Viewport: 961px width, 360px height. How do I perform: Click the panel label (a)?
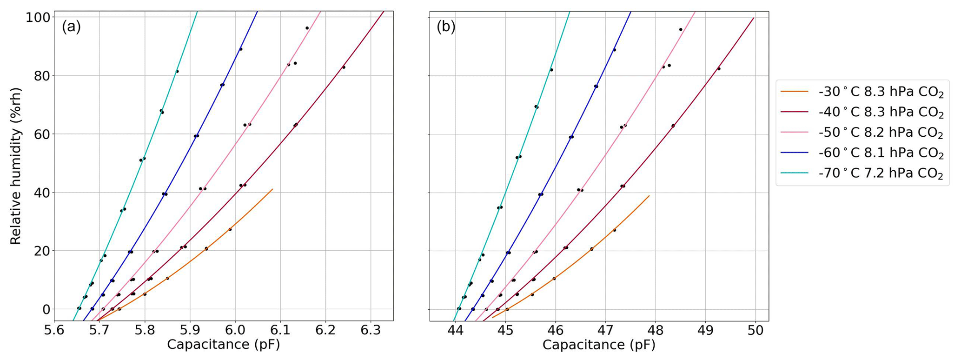71,27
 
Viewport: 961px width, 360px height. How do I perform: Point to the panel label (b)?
446,27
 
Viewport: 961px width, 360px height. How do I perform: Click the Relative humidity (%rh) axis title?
16,166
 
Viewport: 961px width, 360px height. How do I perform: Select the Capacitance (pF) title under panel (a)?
223,345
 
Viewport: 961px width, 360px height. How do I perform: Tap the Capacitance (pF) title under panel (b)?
598,345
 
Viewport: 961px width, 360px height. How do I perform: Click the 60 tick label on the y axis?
41,134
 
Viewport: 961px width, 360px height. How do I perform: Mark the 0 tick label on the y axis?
45,309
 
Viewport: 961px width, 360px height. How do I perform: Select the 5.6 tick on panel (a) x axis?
54,330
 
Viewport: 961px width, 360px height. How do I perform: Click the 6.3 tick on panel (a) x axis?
371,330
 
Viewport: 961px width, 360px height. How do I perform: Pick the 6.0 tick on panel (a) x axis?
235,330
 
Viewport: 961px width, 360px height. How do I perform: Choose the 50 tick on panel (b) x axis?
756,330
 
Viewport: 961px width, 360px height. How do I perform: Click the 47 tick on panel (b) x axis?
605,330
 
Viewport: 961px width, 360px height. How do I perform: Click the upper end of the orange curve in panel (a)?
272,189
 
